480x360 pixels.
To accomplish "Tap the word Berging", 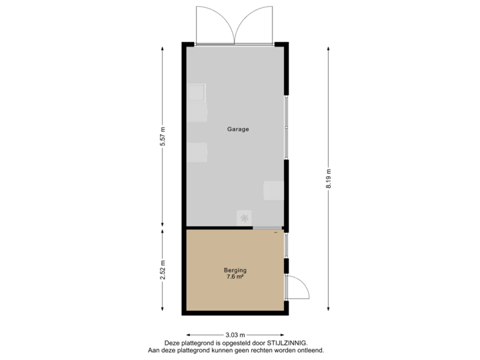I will click(235, 270).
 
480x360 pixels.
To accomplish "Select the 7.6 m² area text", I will click(235, 277).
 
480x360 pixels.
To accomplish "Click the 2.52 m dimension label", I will click(163, 270).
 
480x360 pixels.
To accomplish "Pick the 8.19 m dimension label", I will click(328, 178).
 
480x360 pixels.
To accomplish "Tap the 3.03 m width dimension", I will click(235, 335).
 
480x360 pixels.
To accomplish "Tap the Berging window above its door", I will click(286, 246).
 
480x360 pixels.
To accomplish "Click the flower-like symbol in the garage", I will click(245, 217).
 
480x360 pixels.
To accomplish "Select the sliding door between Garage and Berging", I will click(263, 228).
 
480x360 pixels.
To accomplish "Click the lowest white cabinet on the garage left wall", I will click(197, 153).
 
